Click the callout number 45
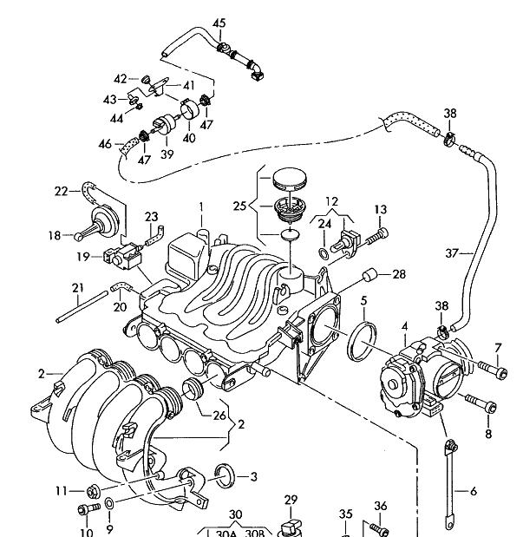click(219, 22)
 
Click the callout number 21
click(77, 287)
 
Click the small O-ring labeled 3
click(223, 474)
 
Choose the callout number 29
click(291, 499)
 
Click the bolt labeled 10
click(88, 508)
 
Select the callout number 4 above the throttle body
click(403, 326)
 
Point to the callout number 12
click(330, 201)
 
